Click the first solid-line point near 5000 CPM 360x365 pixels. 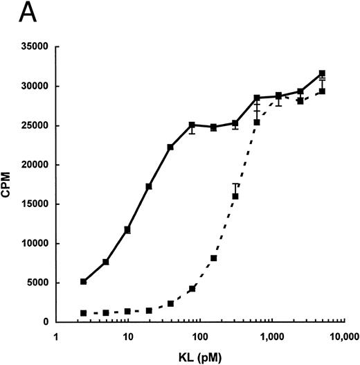coord(84,282)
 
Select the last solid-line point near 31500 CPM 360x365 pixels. coord(322,73)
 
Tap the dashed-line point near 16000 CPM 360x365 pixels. coord(235,196)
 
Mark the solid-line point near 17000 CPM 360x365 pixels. coord(149,187)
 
